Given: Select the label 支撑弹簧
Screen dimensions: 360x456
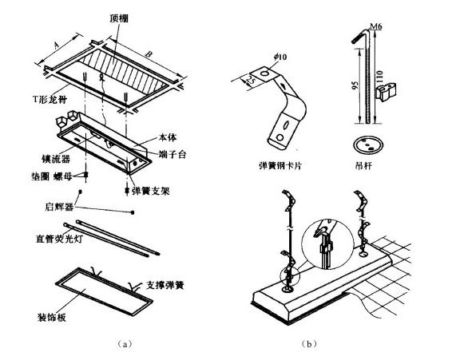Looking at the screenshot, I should (x=169, y=283).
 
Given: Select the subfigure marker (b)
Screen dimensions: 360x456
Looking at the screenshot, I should (x=308, y=343).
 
